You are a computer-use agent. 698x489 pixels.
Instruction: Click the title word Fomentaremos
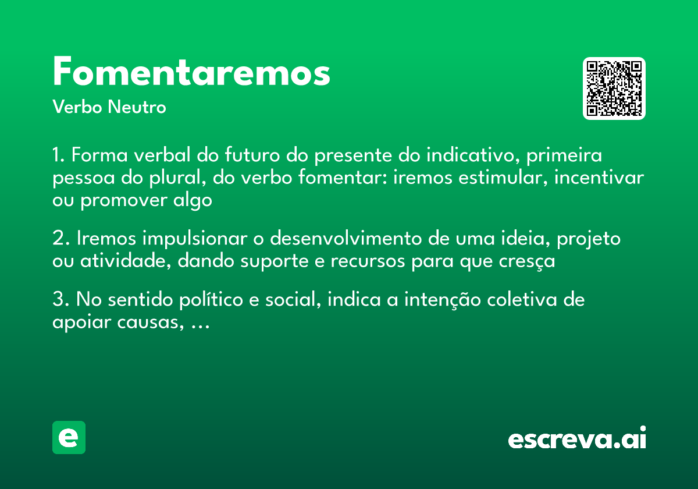tap(191, 73)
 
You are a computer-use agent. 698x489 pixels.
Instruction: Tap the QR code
tap(614, 88)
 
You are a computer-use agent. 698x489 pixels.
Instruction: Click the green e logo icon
tap(69, 437)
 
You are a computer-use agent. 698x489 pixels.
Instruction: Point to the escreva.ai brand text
tap(577, 440)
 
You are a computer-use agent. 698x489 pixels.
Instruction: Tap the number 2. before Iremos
tap(60, 239)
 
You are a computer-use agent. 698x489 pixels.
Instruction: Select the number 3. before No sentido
tap(60, 300)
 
